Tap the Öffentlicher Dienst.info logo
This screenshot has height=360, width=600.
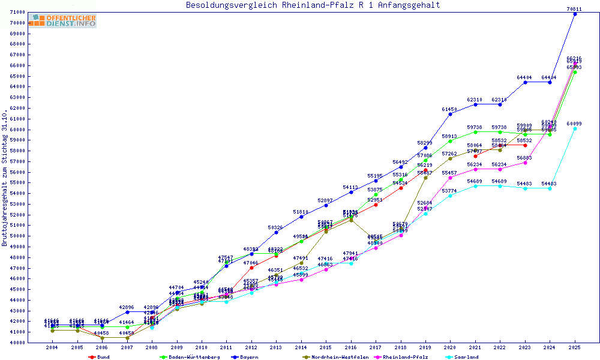tap(62, 21)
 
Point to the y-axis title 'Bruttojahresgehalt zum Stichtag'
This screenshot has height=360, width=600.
tap(5, 178)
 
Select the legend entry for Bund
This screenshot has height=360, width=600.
tap(99, 357)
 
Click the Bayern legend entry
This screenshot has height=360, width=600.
tap(245, 357)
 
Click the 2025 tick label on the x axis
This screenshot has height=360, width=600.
tap(575, 348)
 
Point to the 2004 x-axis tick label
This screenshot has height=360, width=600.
tap(53, 348)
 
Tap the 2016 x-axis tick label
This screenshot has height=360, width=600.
tap(351, 348)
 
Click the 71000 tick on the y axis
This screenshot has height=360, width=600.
tap(17, 12)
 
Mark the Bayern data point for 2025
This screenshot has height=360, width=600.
tap(575, 14)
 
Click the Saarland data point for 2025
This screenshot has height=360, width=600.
tap(575, 128)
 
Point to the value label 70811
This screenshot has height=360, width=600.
tap(574, 8)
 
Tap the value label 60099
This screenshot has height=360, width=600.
tap(574, 123)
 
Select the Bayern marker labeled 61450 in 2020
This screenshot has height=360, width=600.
tap(451, 114)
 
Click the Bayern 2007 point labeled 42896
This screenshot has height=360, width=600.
tap(127, 312)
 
